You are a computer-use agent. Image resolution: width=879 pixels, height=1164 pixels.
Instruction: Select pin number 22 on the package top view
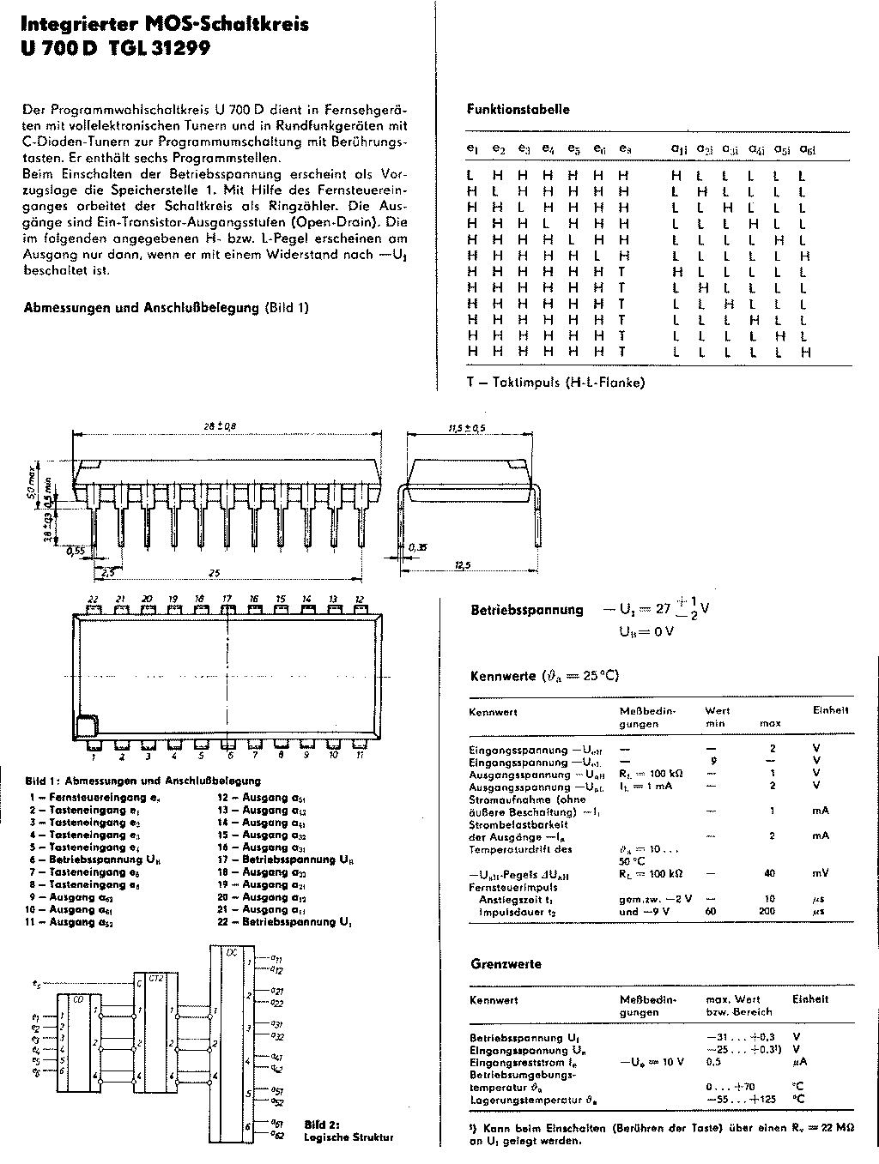click(x=92, y=599)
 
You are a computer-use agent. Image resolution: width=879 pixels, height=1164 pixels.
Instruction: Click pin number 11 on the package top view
click(x=361, y=756)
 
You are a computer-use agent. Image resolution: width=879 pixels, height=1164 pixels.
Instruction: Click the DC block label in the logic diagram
click(x=230, y=952)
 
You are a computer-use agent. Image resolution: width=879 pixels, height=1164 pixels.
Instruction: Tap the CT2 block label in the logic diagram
click(x=156, y=978)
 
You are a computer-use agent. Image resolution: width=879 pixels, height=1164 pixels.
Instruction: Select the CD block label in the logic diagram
click(x=78, y=999)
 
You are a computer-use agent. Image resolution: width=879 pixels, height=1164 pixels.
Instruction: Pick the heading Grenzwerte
click(x=506, y=964)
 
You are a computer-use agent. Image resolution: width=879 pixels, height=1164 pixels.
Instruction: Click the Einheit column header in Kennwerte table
click(x=830, y=710)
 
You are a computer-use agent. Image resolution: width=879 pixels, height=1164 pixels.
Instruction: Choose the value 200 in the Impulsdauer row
click(x=770, y=912)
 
